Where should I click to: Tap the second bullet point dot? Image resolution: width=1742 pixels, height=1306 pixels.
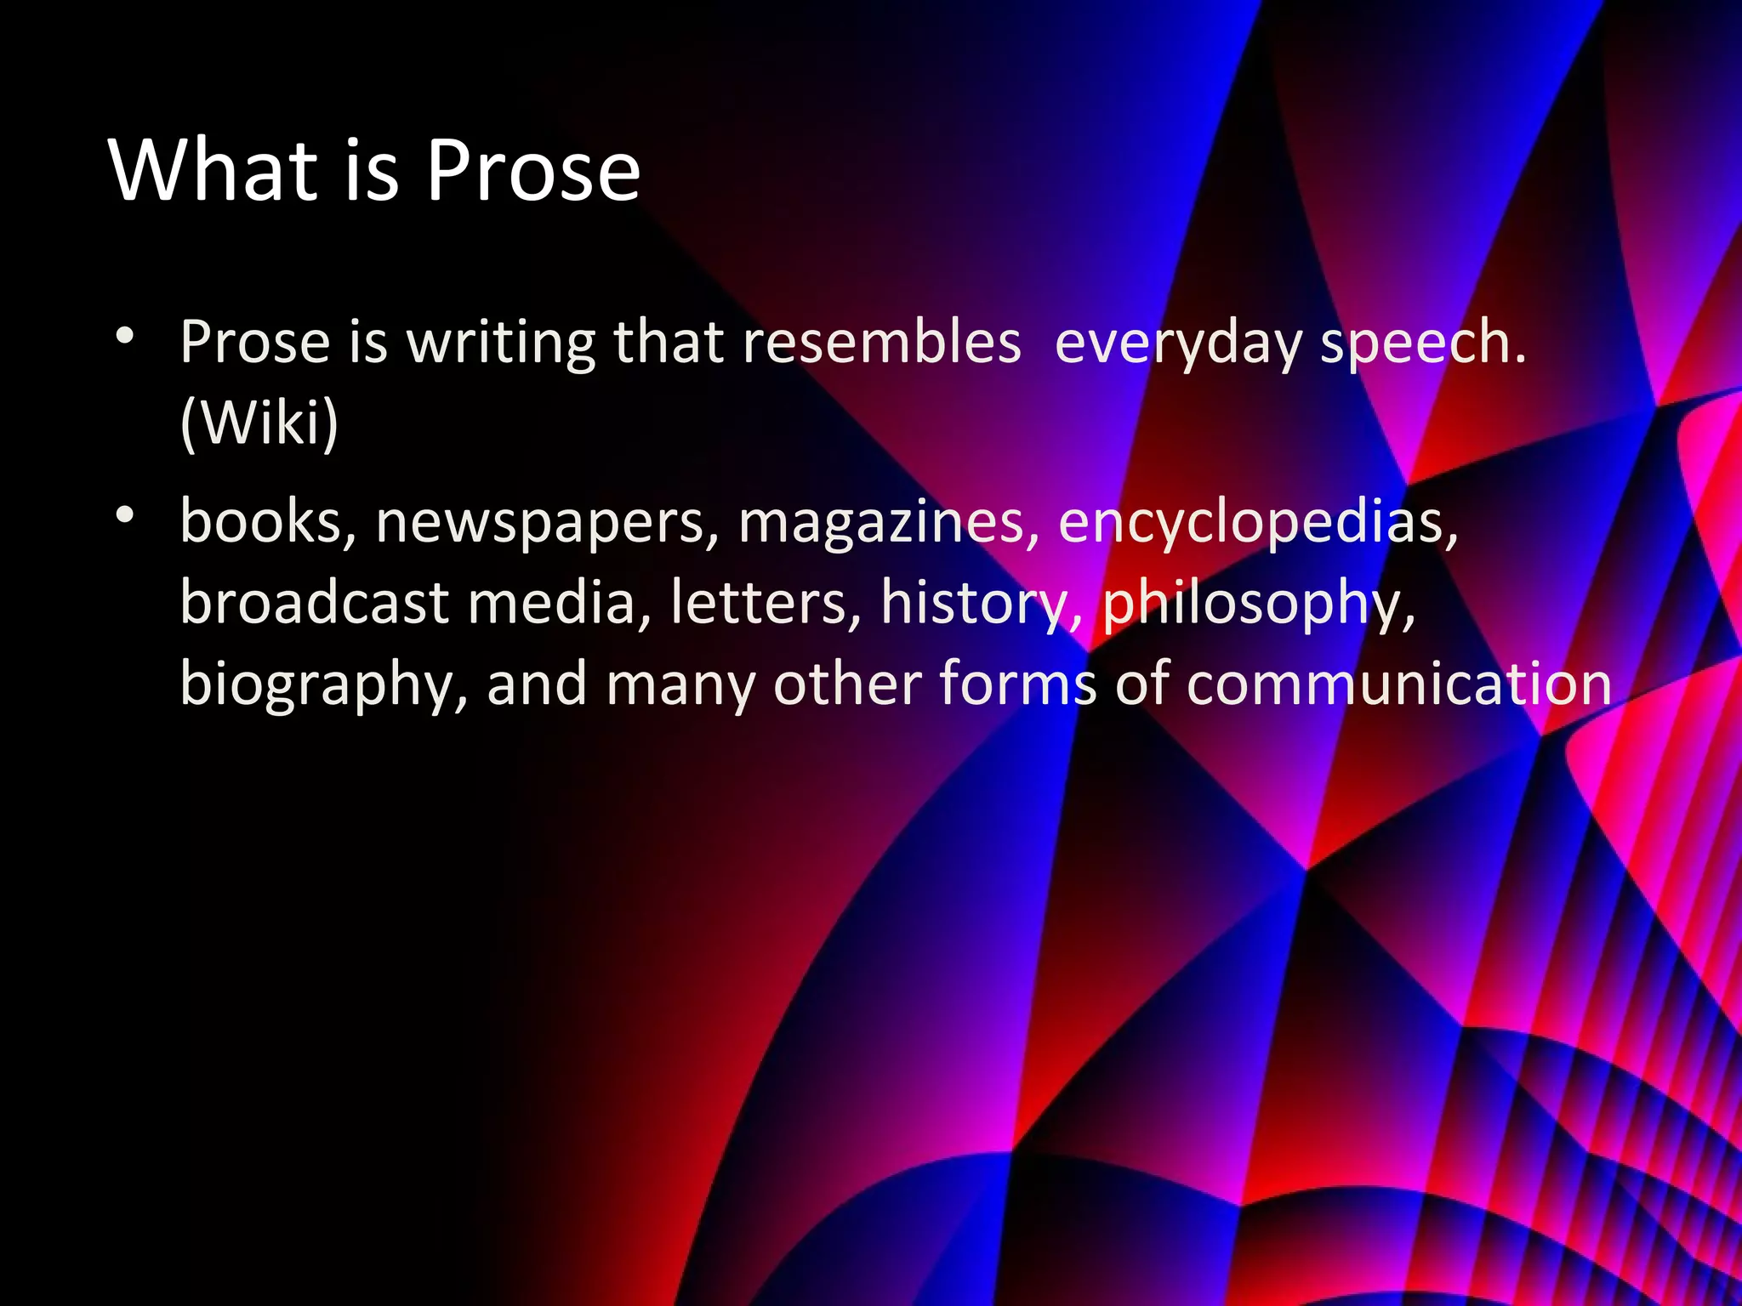pyautogui.click(x=125, y=514)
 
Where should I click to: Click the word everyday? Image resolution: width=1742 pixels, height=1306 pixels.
pyautogui.click(x=1178, y=344)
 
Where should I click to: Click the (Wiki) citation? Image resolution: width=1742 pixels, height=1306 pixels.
pyautogui.click(x=259, y=423)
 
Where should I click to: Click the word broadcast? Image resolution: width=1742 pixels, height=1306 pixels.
pyautogui.click(x=314, y=602)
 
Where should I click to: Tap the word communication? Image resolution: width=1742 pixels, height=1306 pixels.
pyautogui.click(x=1398, y=684)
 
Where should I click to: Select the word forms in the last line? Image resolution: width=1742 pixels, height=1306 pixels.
pyautogui.click(x=1017, y=684)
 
